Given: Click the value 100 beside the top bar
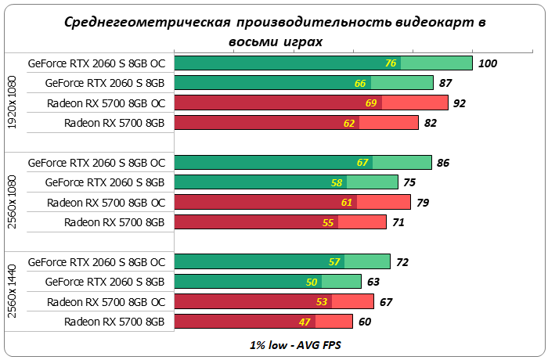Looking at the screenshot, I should pos(488,63).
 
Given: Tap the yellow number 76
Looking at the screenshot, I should pos(391,63).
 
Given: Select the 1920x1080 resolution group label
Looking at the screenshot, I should pos(11,103).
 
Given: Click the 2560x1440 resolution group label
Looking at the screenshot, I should pos(11,291).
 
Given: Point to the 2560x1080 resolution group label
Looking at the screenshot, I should pos(11,202).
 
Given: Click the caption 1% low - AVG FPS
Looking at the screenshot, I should pos(275,345).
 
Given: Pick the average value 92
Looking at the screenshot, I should pos(460,103).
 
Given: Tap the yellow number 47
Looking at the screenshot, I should pos(305,322).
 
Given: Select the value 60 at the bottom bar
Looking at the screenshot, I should pos(364,322).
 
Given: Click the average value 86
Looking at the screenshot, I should pos(442,163).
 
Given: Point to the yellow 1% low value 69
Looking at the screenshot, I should pos(372,103).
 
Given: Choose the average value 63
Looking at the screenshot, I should pos(373,282).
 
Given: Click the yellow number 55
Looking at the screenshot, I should pos(328,222).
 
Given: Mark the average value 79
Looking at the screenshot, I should pos(422,203).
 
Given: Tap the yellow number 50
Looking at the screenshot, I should pos(311,282).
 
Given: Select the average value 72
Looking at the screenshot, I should pos(402,262).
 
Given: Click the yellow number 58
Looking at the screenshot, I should pos(337,182).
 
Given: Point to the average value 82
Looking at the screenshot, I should pos(430,122).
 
